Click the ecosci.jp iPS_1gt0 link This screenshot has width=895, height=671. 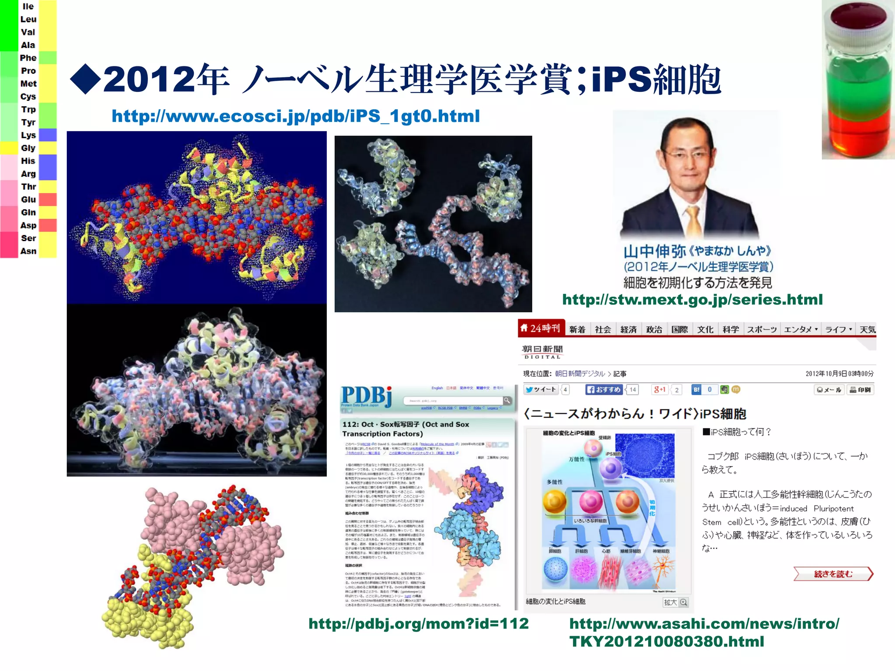295,116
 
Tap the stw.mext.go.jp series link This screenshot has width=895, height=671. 692,300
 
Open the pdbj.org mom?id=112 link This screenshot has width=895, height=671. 418,623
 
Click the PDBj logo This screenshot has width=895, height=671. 366,396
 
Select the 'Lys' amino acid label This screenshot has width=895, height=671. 28,135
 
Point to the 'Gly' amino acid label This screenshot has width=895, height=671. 28,148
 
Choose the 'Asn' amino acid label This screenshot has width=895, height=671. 28,251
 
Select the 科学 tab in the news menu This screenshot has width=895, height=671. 731,329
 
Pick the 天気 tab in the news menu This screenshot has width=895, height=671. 867,329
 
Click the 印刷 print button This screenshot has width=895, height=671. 860,390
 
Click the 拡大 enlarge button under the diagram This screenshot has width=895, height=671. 675,602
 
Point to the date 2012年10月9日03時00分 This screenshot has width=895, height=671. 839,374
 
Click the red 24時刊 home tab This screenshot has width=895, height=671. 541,328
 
